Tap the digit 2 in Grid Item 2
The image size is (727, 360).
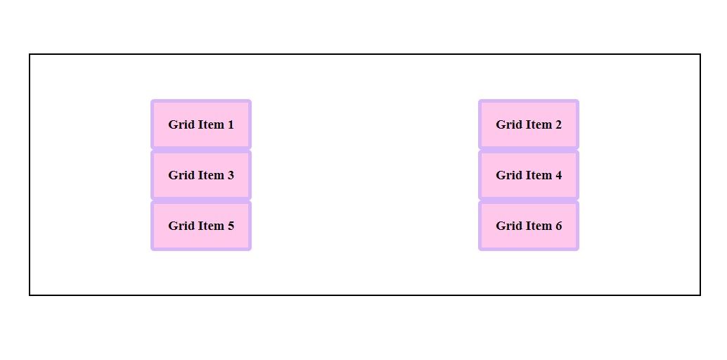coord(558,125)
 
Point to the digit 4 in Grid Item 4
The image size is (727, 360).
coord(558,176)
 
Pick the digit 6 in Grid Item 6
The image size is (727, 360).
coord(558,226)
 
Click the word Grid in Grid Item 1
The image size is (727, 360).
coord(181,125)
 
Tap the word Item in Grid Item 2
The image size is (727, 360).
coord(538,125)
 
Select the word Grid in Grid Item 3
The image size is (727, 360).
coord(181,176)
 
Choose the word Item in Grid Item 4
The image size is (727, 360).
coord(538,176)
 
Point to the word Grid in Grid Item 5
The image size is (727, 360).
coord(181,226)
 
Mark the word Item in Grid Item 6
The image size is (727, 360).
coord(538,226)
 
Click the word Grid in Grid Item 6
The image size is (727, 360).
coord(508,226)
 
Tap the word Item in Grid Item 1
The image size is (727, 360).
coord(210,125)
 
